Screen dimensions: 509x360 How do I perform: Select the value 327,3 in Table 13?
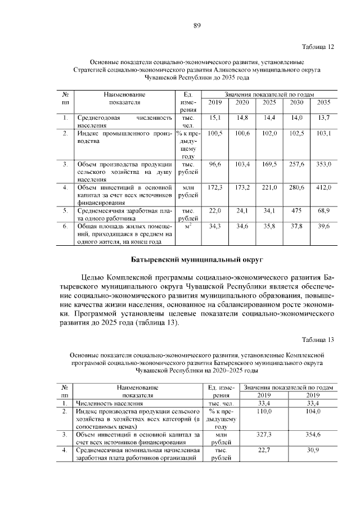pyautogui.click(x=264, y=435)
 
